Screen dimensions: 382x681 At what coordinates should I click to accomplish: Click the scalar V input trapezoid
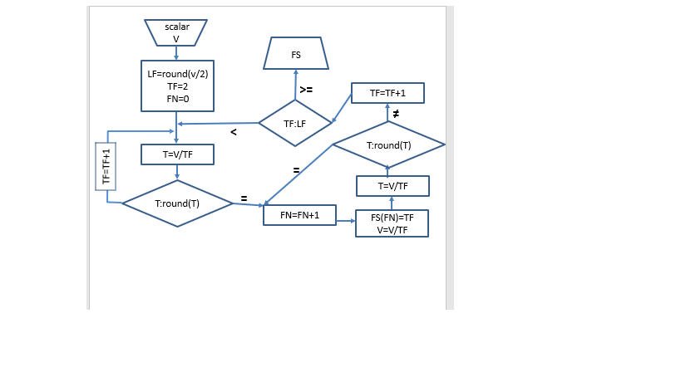[176, 32]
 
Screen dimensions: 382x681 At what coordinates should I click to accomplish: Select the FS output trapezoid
[296, 55]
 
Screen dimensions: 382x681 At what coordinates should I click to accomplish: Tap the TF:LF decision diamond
[294, 124]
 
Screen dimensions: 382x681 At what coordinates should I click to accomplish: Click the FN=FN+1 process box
[299, 215]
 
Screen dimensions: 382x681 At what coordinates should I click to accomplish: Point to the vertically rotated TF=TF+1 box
[106, 166]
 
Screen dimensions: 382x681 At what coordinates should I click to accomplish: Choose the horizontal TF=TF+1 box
[387, 93]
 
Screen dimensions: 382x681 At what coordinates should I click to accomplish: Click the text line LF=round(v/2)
[176, 74]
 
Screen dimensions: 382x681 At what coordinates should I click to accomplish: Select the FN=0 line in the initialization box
[176, 99]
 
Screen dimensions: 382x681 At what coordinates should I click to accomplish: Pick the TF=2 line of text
[176, 86]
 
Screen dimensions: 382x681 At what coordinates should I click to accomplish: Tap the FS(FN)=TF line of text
[392, 218]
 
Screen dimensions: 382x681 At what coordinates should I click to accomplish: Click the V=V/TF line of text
[392, 230]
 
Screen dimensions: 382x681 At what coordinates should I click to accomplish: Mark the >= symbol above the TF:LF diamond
[306, 89]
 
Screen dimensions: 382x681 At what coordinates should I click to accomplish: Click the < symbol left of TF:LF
[234, 131]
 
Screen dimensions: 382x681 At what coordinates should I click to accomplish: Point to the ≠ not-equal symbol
[397, 113]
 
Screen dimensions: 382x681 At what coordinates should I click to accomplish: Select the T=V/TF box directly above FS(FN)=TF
[392, 186]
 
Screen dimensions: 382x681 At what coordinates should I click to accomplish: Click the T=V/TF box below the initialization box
[177, 154]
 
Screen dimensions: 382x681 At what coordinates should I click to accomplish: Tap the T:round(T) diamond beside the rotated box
[177, 203]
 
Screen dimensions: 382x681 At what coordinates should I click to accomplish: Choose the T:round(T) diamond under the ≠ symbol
[388, 145]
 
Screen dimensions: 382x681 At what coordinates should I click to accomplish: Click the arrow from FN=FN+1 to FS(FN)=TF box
[345, 221]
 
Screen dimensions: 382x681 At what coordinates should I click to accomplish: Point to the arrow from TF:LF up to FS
[295, 85]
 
